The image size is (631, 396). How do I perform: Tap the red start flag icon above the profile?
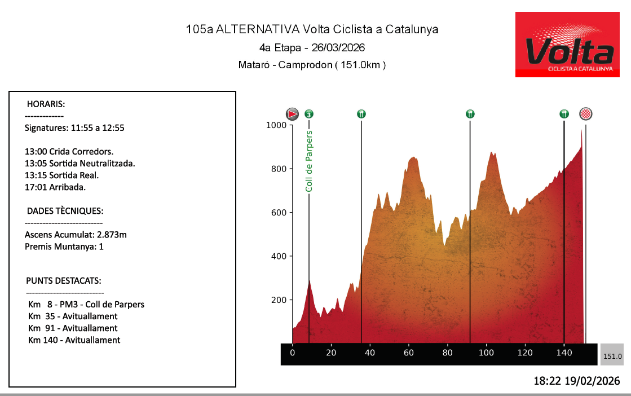click(x=292, y=114)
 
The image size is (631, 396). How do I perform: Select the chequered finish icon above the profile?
click(x=586, y=114)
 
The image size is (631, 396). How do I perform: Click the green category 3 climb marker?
click(x=309, y=114)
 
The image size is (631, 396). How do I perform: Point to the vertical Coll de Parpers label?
click(x=309, y=161)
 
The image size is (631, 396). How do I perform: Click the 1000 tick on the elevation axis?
click(x=276, y=125)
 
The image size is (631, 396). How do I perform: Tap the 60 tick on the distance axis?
click(x=409, y=353)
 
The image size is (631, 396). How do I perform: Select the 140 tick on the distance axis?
click(x=564, y=353)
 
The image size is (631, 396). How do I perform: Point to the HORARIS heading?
click(x=46, y=104)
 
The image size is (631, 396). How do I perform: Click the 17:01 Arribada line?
click(x=55, y=187)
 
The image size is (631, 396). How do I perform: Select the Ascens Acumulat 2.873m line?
click(x=76, y=235)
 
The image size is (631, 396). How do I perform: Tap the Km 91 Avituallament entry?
click(x=73, y=328)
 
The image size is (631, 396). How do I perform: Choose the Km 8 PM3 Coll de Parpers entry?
click(x=86, y=305)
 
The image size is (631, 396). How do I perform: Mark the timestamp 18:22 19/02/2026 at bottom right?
click(x=576, y=381)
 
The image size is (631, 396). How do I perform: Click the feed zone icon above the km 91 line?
click(x=470, y=114)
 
